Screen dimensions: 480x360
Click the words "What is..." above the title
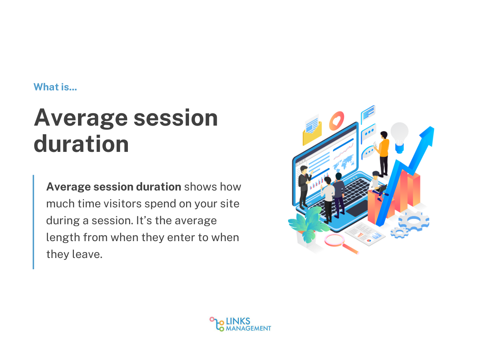(55, 87)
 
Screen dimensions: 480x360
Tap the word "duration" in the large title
(81, 144)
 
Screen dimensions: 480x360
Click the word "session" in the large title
(175, 118)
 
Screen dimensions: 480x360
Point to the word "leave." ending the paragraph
(87, 254)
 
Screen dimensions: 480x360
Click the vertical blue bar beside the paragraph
(33, 222)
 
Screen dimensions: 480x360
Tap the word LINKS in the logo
(238, 321)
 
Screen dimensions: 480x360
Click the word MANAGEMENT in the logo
(248, 328)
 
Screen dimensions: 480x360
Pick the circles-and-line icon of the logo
(217, 324)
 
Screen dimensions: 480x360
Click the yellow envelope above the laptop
(312, 132)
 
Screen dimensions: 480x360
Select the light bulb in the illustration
(399, 137)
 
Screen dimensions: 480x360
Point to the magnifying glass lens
(334, 240)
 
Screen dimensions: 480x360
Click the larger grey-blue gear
(414, 220)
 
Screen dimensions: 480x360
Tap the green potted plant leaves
(309, 223)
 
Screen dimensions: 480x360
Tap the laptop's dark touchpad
(357, 208)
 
